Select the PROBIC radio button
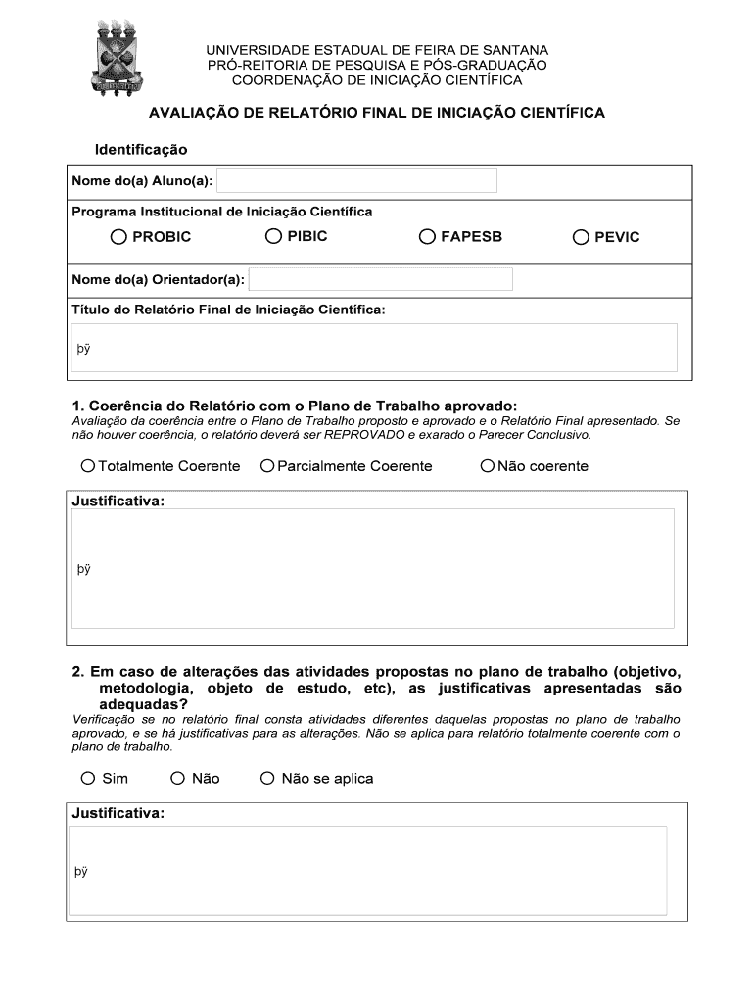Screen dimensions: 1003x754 (119, 236)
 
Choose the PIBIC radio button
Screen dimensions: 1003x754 (273, 236)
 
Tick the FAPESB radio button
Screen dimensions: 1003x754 (427, 236)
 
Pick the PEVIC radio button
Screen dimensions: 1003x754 (581, 236)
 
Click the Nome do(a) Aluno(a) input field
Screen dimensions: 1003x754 (356, 181)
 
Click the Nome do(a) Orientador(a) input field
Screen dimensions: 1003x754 (381, 279)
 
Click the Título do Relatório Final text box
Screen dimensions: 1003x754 (374, 348)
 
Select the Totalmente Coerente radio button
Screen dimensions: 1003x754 (88, 466)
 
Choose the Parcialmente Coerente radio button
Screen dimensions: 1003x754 (267, 466)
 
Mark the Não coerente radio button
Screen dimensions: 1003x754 (488, 466)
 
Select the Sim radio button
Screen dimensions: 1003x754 (88, 779)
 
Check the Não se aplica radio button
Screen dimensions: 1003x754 (267, 779)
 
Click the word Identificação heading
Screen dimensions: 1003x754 (141, 150)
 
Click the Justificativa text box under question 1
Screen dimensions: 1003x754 (373, 568)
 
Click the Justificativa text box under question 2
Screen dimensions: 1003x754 (368, 871)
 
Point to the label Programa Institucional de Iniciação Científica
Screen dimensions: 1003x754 (222, 212)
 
